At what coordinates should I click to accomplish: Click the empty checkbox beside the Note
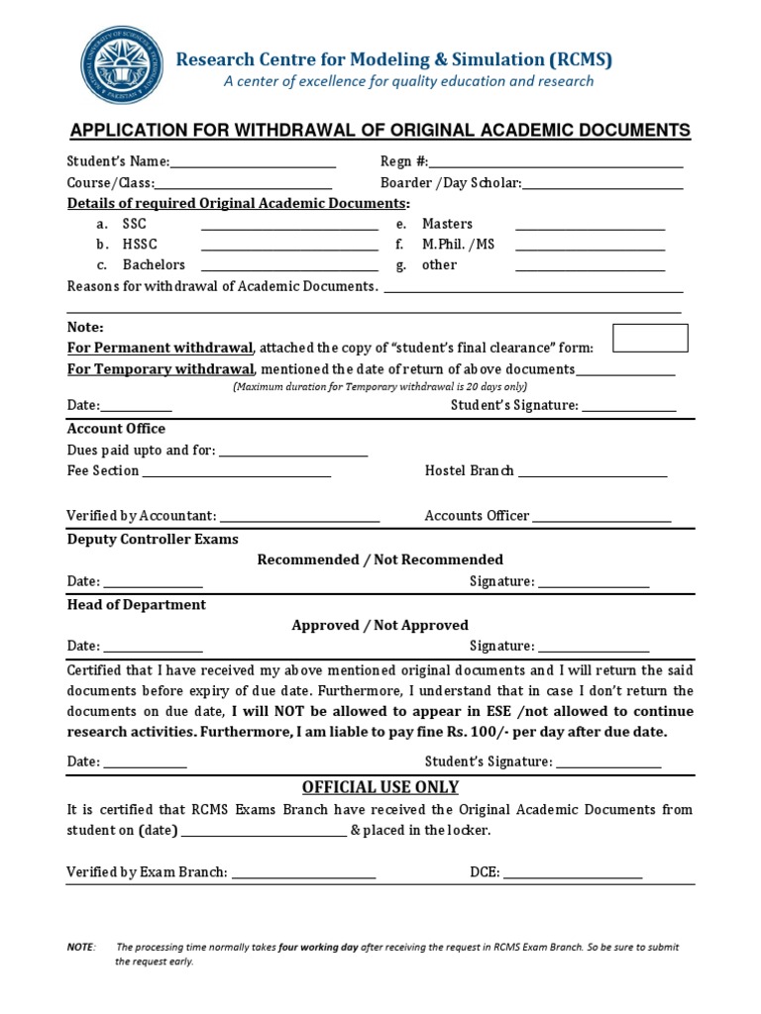650,338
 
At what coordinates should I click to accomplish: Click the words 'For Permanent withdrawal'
161,348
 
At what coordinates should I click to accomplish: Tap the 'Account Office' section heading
116,429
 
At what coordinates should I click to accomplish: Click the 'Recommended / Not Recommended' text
380,559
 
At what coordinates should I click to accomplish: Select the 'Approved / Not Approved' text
380,625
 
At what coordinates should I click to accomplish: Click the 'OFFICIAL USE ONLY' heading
380,787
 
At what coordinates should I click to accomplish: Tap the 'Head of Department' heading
137,604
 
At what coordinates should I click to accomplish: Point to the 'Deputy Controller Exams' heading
153,539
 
